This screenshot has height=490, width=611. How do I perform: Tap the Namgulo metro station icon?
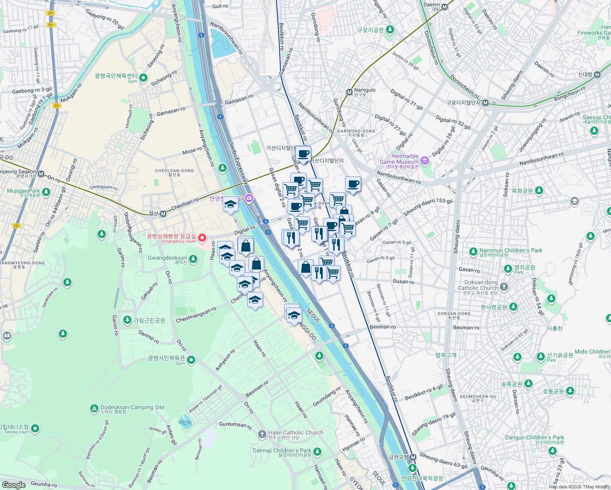pyautogui.click(x=349, y=92)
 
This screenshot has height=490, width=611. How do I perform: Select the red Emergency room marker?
pyautogui.click(x=202, y=238)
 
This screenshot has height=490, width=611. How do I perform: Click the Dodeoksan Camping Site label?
pyautogui.click(x=132, y=407)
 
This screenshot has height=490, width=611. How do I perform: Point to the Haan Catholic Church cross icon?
pyautogui.click(x=262, y=434)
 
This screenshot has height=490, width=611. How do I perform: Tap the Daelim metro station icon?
pyautogui.click(x=445, y=7)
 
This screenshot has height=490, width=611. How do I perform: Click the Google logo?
pyautogui.click(x=13, y=485)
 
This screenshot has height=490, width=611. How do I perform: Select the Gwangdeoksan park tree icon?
pyautogui.click(x=193, y=259)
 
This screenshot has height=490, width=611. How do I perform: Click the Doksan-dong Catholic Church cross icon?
pyautogui.click(x=504, y=287)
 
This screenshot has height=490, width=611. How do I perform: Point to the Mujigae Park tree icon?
pyautogui.click(x=46, y=192)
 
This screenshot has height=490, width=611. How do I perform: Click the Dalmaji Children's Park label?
pyautogui.click(x=282, y=451)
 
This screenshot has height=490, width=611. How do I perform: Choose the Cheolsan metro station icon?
pyautogui.click(x=163, y=214)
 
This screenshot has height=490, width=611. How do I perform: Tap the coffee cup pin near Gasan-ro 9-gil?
pyautogui.click(x=353, y=184)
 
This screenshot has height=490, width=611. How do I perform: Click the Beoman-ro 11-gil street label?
pyautogui.click(x=384, y=300)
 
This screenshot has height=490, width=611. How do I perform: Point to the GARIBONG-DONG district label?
pyautogui.click(x=356, y=131)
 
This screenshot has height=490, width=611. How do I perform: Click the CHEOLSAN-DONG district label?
pyautogui.click(x=174, y=171)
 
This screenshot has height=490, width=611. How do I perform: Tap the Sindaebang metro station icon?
pyautogui.click(x=597, y=75)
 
